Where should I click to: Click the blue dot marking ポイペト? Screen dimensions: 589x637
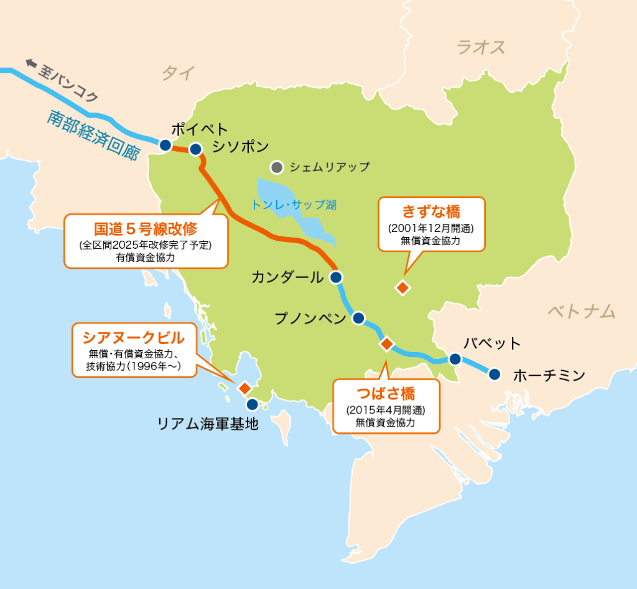coord(165,145)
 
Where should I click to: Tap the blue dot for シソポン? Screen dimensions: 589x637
coord(195,149)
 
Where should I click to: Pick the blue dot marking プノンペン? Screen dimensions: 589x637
coord(358,318)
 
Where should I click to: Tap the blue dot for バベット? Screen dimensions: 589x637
coord(455,359)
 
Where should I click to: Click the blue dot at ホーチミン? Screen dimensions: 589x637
coord(495,374)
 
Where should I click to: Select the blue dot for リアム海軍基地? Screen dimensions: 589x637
coord(252,404)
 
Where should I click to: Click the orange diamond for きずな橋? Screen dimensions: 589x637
coord(403,287)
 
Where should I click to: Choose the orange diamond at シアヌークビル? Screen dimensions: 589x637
coord(244,387)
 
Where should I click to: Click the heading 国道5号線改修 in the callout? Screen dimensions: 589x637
coord(145,229)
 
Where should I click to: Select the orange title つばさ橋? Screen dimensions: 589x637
coord(386,394)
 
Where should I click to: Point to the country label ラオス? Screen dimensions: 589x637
coord(480,47)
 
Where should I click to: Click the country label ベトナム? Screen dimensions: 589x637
coord(581,310)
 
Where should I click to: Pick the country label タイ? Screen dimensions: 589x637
coord(178,73)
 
